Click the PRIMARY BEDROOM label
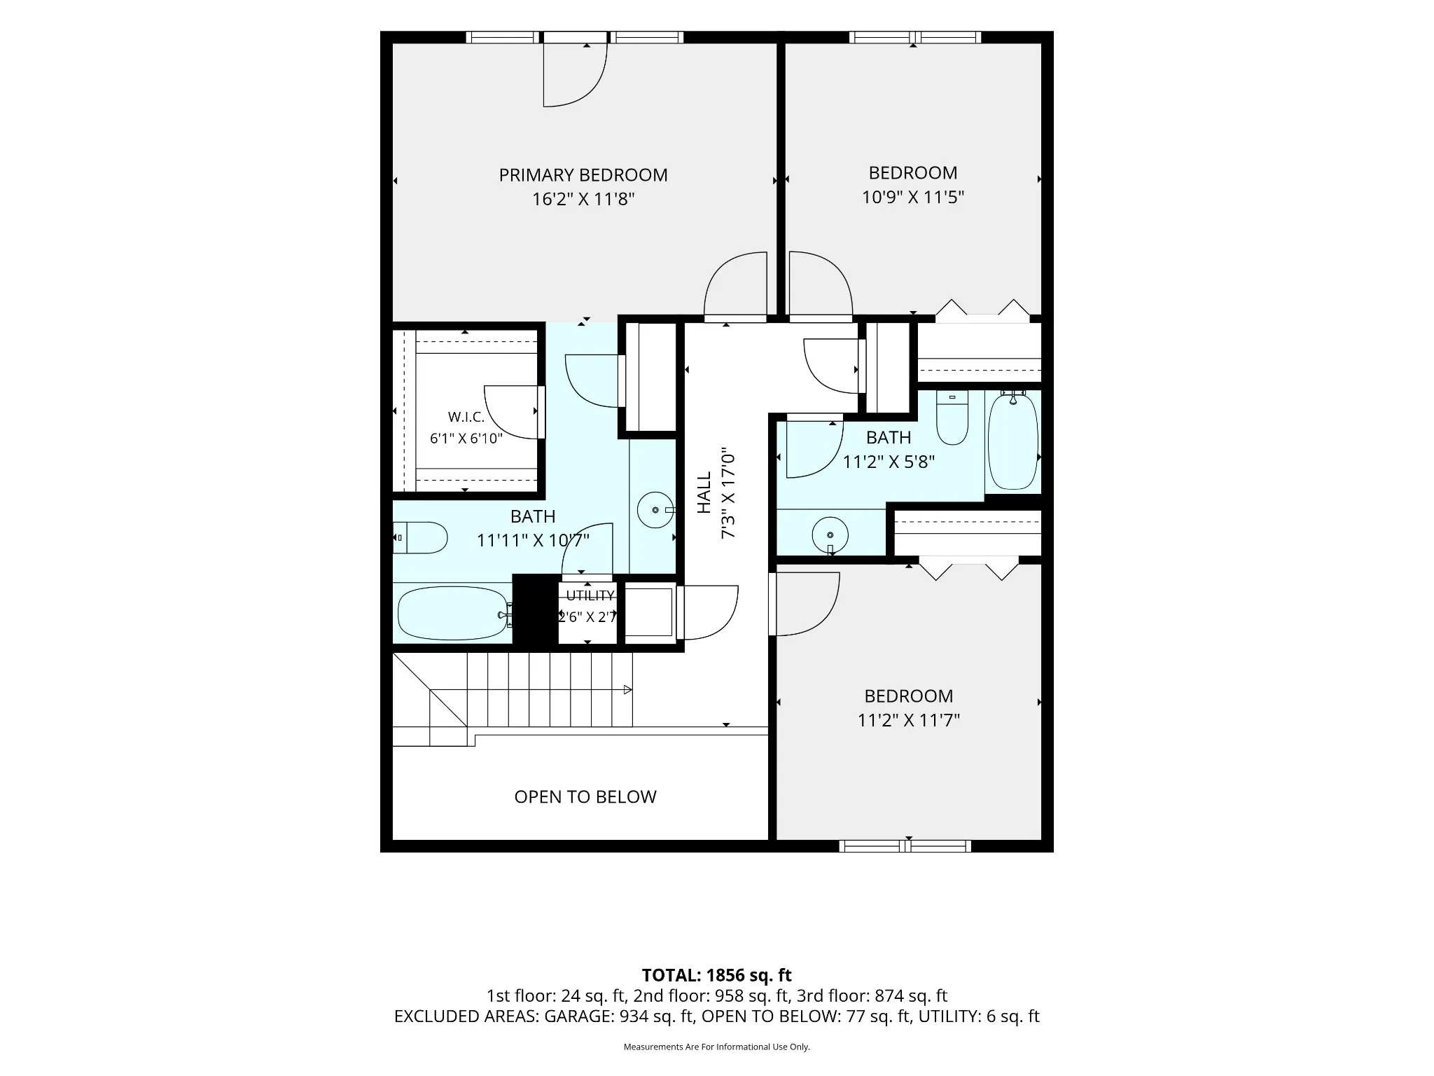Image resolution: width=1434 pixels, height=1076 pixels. tap(583, 175)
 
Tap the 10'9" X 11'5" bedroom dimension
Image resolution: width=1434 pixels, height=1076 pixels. tap(913, 198)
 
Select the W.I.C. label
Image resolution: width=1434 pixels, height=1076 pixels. tap(466, 417)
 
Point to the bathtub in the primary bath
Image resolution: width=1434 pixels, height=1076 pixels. tap(454, 613)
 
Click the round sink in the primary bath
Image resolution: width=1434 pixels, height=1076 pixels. tap(655, 510)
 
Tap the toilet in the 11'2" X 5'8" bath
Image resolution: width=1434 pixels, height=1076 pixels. tap(952, 418)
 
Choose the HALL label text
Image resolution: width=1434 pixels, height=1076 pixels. tap(704, 492)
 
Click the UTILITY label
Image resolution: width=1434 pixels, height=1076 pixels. tap(590, 595)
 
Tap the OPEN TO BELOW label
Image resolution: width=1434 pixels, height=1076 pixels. tap(585, 797)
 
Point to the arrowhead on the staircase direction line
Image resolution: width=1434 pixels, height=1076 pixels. tap(628, 690)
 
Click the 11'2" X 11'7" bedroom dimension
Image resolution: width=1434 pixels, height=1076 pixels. tap(909, 721)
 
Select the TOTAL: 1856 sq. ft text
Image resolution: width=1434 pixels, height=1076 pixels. tap(716, 975)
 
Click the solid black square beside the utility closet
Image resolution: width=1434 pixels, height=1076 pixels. tap(535, 609)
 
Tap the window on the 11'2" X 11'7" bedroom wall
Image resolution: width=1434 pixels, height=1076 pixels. tap(905, 846)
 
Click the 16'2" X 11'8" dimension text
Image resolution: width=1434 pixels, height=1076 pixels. tap(583, 200)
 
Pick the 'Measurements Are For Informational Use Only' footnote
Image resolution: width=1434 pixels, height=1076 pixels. tap(716, 1047)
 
